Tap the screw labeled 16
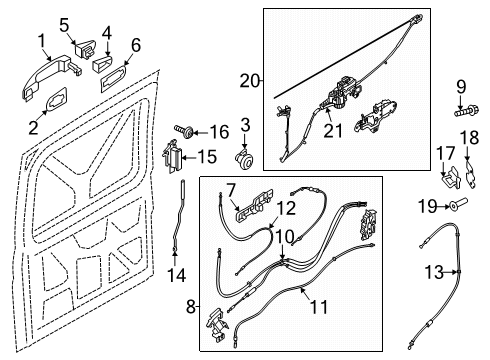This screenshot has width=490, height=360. (x=186, y=130)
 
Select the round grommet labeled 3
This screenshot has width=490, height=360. (x=242, y=158)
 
